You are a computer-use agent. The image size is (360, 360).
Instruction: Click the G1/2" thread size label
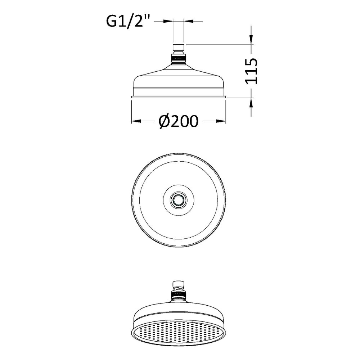pos(128,21)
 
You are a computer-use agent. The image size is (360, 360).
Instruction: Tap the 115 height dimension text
pos(251,71)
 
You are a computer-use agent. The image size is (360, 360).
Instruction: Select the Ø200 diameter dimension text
pos(178,121)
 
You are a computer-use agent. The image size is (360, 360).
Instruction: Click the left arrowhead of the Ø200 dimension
pos(136,121)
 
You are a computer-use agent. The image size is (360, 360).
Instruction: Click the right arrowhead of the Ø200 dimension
pos(221,121)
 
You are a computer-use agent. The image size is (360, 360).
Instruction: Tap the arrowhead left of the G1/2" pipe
pos(168,21)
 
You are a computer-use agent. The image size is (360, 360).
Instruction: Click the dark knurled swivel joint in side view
pos(178,58)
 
